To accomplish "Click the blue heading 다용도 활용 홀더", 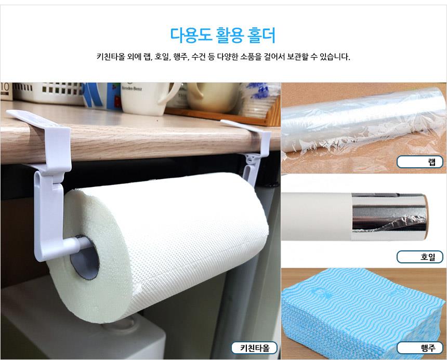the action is pyautogui.click(x=222, y=35).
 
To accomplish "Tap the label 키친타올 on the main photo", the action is pyautogui.click(x=254, y=348).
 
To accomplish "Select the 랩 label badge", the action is pyautogui.click(x=420, y=162).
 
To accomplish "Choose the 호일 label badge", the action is pyautogui.click(x=420, y=257).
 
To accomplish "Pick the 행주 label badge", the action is pyautogui.click(x=420, y=348).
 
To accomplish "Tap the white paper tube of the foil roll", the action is pyautogui.click(x=317, y=217).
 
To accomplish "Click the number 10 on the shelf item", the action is pyautogui.click(x=5, y=87).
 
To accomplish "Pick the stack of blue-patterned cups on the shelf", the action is pyautogui.click(x=259, y=100).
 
